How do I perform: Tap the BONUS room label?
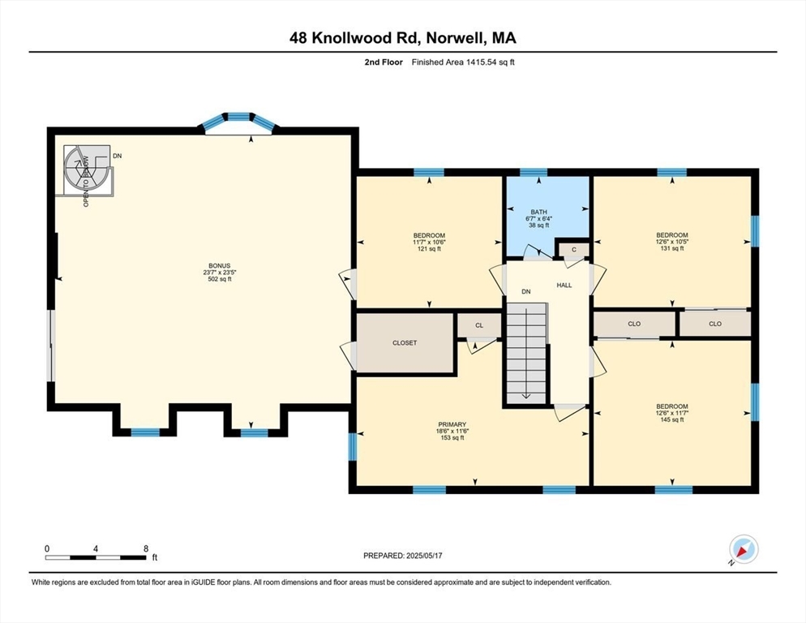pyautogui.click(x=219, y=265)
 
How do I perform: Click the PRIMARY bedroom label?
pyautogui.click(x=452, y=424)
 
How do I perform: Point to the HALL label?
pyautogui.click(x=564, y=286)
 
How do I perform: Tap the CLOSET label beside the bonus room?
pyautogui.click(x=405, y=343)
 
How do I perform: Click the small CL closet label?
pyautogui.click(x=478, y=325)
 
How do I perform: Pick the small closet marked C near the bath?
pyautogui.click(x=573, y=249)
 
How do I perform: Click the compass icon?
pyautogui.click(x=743, y=549)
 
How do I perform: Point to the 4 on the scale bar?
pyautogui.click(x=96, y=549)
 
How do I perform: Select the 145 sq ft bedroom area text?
pyautogui.click(x=672, y=420)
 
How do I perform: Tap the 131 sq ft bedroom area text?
pyautogui.click(x=672, y=249)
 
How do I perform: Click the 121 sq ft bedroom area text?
pyautogui.click(x=429, y=249)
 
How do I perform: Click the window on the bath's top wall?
pyautogui.click(x=533, y=172)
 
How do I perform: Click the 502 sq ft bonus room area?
pyautogui.click(x=219, y=279)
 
